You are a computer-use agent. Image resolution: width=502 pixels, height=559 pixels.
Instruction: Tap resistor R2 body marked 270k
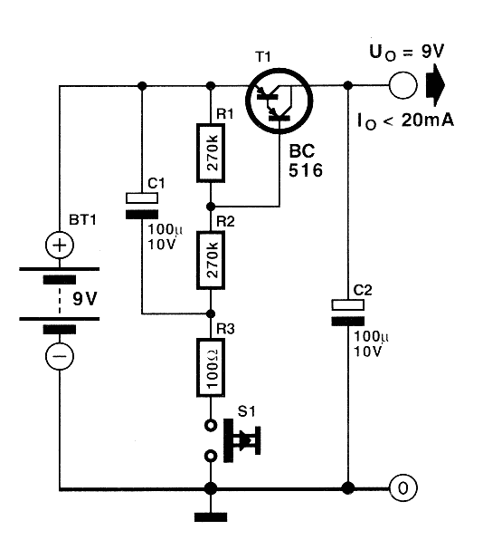[211, 259]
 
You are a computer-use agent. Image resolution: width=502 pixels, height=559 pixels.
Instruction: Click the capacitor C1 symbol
[141, 205]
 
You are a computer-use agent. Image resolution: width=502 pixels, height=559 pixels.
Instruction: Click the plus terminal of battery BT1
[60, 245]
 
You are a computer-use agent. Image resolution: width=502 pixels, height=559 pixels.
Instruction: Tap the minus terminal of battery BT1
[60, 358]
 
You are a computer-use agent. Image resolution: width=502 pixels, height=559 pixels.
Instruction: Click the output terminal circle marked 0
[403, 489]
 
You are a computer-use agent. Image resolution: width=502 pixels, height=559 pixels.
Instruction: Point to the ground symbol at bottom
[211, 518]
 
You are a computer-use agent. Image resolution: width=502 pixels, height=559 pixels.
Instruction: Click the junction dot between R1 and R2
[211, 206]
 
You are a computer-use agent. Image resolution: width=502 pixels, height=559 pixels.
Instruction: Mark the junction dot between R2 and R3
[211, 313]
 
